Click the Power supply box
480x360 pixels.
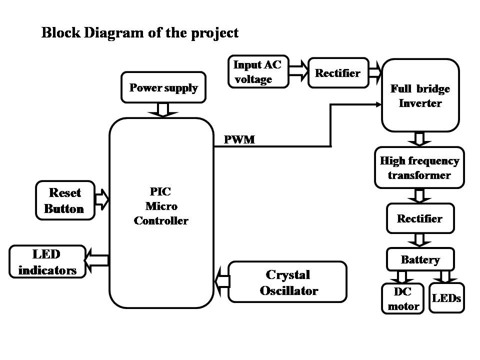tap(163, 88)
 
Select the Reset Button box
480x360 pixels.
tap(65, 200)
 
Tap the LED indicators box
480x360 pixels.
tap(47, 262)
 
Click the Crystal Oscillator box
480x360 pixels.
tap(287, 282)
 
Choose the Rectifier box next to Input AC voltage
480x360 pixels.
tap(337, 73)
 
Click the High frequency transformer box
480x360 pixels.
tap(419, 168)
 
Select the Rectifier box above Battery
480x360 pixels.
tap(420, 218)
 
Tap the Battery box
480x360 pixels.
tap(420, 259)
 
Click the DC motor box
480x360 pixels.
tap(402, 299)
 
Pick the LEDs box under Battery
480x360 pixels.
tap(446, 298)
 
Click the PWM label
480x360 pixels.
tap(239, 140)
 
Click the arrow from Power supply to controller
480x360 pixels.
tap(163, 109)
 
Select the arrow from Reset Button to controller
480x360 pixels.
tap(102, 199)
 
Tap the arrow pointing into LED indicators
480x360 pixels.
tap(97, 259)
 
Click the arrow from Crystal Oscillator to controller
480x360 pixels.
tap(221, 281)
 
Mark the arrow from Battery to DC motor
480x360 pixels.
tap(402, 276)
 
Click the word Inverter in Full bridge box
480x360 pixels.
tap(420, 103)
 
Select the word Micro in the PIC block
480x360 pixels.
tap(161, 205)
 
